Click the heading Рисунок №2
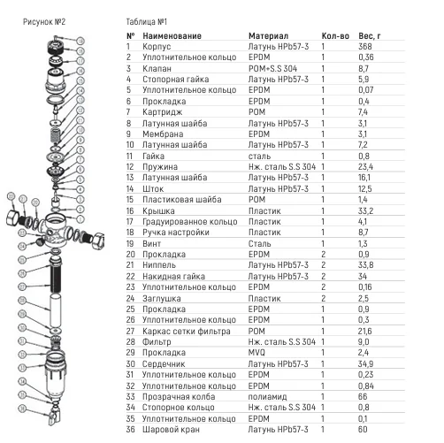pyautogui.click(x=44, y=22)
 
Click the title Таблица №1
pyautogui.click(x=147, y=22)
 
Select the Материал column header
pyautogui.click(x=268, y=36)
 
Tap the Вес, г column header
pyautogui.click(x=370, y=36)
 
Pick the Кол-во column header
pyautogui.click(x=335, y=36)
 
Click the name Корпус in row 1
pyautogui.click(x=157, y=47)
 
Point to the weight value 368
pyautogui.click(x=365, y=47)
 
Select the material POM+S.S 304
pyautogui.click(x=272, y=68)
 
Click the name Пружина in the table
pyautogui.click(x=160, y=167)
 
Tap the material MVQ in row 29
pyautogui.click(x=256, y=353)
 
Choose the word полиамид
pyautogui.click(x=267, y=397)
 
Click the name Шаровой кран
pyautogui.click(x=171, y=430)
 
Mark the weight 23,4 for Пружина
pyautogui.click(x=365, y=167)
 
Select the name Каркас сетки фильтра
pyautogui.click(x=187, y=332)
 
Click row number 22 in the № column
pyautogui.click(x=130, y=277)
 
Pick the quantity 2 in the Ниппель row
pyautogui.click(x=324, y=265)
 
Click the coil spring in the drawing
pyautogui.click(x=56, y=136)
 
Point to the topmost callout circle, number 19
pyautogui.click(x=80, y=41)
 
